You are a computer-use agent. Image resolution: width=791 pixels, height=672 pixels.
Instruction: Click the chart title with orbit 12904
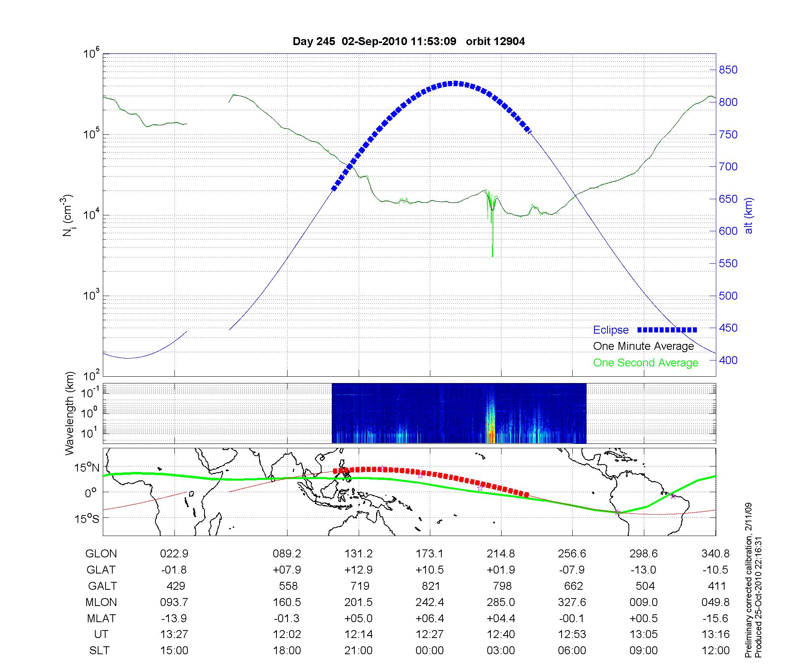pos(409,42)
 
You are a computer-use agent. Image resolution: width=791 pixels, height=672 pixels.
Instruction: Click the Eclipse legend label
pos(611,330)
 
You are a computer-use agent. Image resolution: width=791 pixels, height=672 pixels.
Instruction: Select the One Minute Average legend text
pos(643,346)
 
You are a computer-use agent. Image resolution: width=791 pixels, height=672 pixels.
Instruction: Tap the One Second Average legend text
pos(645,363)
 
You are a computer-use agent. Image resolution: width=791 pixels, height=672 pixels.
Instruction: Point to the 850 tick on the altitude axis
pos(728,70)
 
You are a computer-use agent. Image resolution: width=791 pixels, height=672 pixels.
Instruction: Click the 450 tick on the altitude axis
pos(728,328)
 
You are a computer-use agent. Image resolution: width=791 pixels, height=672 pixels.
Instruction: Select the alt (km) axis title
pos(749,215)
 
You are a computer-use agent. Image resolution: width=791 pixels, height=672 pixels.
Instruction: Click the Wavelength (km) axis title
pos(70,413)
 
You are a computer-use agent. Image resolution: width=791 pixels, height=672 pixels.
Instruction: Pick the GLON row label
pos(101,554)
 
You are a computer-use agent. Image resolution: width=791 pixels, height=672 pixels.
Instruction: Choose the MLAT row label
pos(101,618)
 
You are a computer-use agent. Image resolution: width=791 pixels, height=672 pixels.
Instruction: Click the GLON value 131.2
pos(358,554)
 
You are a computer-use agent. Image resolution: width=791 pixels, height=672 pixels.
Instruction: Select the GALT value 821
pos(430,586)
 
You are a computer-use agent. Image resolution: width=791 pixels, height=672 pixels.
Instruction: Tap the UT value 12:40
pos(501,634)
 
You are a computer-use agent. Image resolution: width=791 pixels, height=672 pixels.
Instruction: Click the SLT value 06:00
pos(572,651)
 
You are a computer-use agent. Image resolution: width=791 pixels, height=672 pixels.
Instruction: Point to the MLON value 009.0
pos(643,602)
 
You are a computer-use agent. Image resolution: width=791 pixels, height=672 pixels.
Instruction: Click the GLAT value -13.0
pos(643,570)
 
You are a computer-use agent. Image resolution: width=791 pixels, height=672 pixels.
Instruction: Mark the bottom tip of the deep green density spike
pos(492,257)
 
